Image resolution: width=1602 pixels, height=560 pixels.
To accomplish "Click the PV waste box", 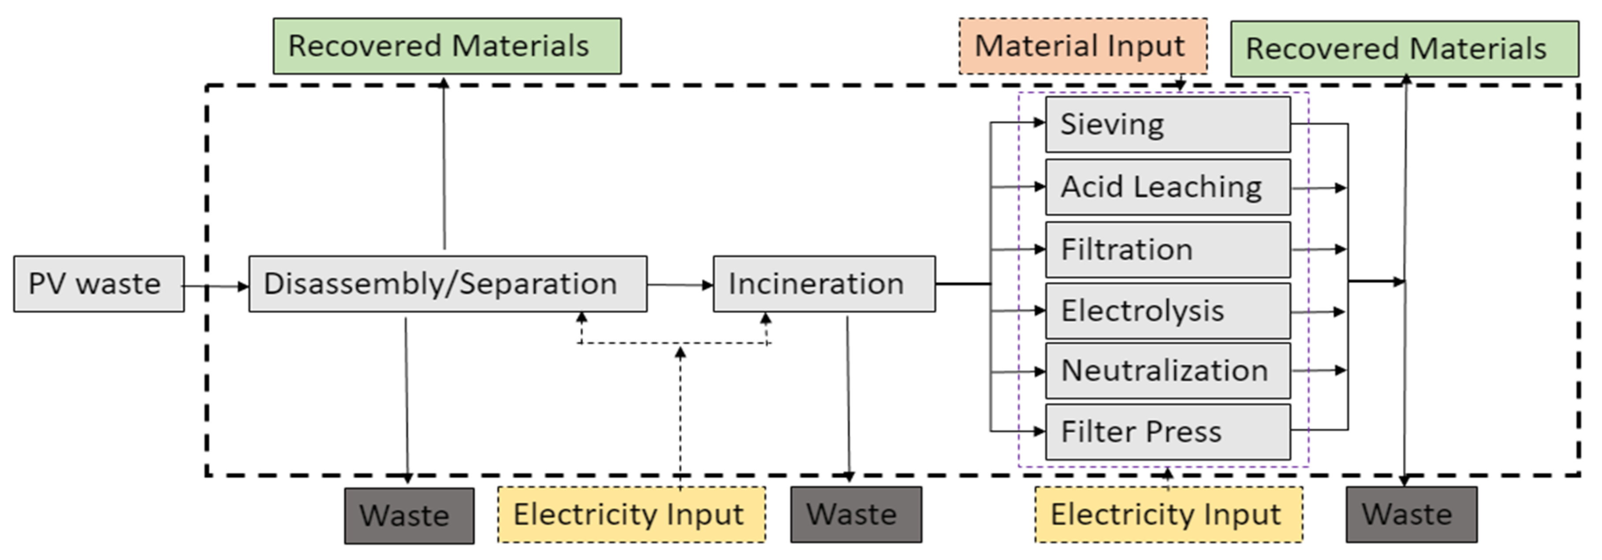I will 99,284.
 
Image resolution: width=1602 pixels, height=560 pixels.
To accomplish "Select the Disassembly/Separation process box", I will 447,284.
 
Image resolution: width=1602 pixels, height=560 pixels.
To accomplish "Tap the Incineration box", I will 823,284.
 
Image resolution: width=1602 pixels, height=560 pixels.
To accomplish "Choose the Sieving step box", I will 1167,124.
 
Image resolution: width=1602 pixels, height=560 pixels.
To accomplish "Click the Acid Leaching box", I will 1167,187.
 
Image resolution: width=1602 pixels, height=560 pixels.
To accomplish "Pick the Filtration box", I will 1167,249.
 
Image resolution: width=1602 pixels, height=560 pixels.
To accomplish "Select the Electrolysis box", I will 1167,311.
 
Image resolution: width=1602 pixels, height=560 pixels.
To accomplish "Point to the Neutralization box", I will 1167,371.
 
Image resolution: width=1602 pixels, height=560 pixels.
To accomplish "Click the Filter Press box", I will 1167,432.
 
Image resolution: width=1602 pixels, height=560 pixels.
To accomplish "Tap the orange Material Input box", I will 1083,46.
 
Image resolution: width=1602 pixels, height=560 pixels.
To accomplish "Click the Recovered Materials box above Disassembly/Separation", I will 447,46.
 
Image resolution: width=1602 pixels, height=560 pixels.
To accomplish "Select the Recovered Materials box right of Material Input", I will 1404,49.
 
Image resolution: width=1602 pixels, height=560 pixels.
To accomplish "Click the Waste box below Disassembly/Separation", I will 409,515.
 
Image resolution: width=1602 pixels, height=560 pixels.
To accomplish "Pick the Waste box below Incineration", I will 856,515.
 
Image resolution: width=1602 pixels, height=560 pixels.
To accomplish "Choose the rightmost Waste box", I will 1411,515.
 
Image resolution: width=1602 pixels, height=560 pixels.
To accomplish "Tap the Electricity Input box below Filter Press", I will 1168,515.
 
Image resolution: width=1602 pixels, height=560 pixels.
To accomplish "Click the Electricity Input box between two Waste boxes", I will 631,515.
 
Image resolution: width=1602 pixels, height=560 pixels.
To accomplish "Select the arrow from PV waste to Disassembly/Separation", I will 215,286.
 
